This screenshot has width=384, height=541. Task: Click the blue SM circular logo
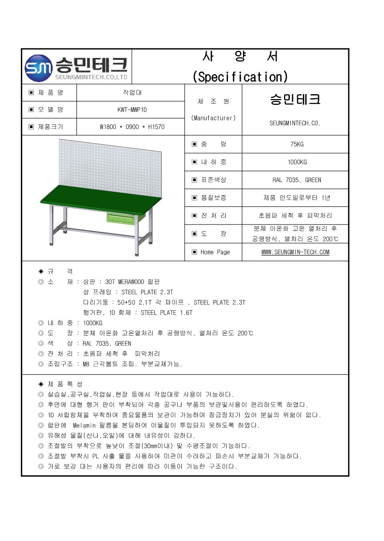click(38, 68)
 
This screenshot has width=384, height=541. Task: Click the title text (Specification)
click(240, 76)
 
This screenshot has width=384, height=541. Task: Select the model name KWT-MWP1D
click(130, 110)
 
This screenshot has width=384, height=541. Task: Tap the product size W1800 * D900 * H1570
click(130, 127)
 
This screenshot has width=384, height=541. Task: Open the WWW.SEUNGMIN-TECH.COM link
click(295, 252)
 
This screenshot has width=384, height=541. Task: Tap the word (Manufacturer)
click(213, 118)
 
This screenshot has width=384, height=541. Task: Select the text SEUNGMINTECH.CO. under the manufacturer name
click(295, 123)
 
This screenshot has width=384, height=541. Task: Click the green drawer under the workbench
click(120, 219)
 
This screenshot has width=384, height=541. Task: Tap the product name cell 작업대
click(130, 92)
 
